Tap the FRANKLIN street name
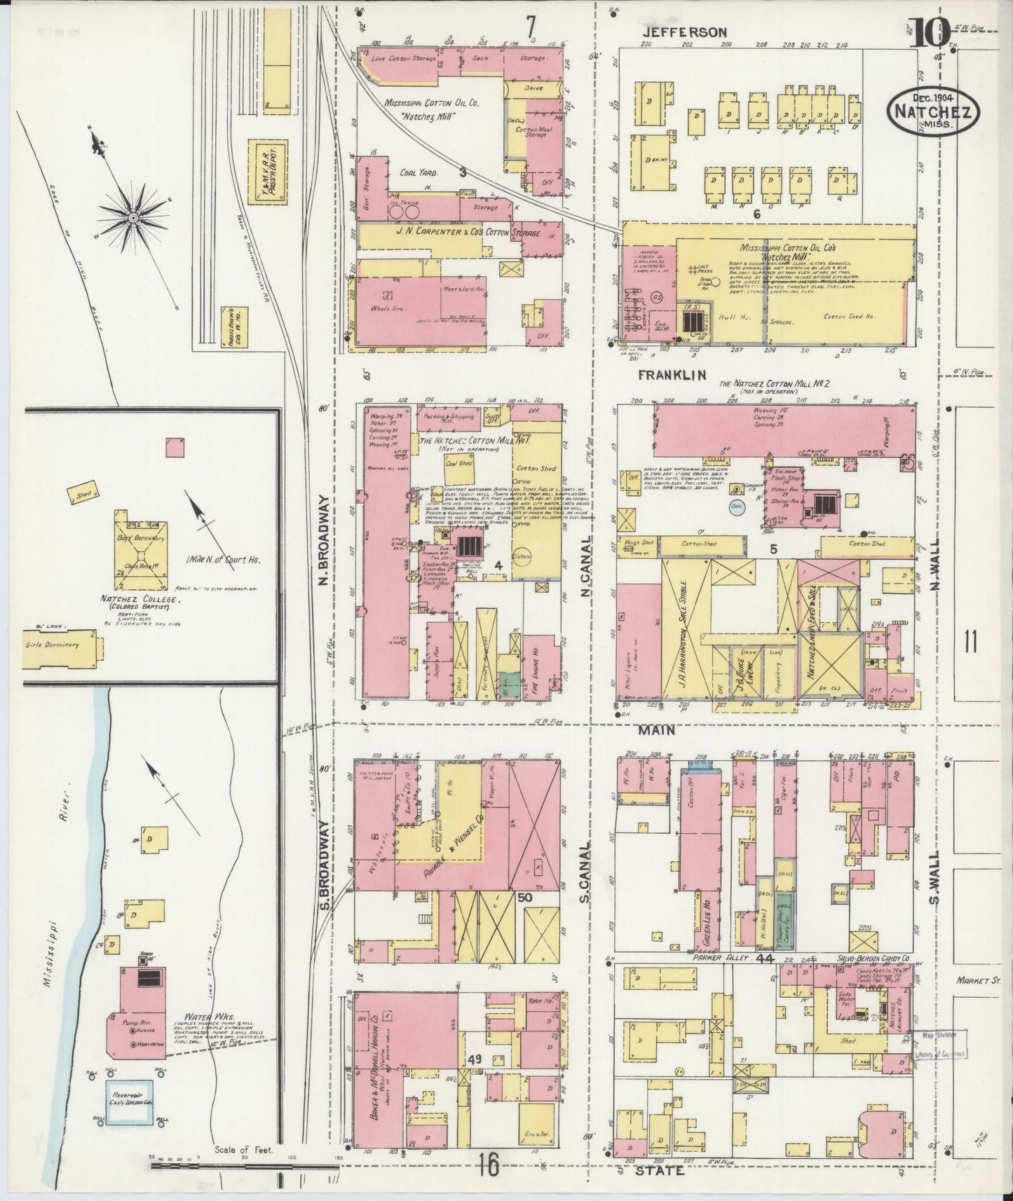pyautogui.click(x=671, y=376)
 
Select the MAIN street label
pyautogui.click(x=656, y=730)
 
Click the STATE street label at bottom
pyautogui.click(x=659, y=1170)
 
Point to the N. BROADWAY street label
pyautogui.click(x=324, y=540)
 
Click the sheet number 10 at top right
pyautogui.click(x=930, y=32)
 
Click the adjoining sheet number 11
pyautogui.click(x=970, y=641)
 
